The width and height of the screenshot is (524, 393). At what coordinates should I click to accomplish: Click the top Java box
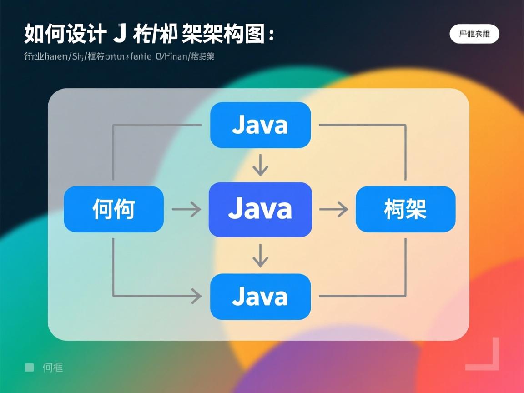[x=260, y=125]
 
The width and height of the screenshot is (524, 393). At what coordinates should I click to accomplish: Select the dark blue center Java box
[x=260, y=209]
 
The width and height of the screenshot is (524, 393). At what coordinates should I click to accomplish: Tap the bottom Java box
[x=260, y=297]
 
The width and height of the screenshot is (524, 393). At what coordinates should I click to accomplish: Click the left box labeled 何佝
[x=114, y=209]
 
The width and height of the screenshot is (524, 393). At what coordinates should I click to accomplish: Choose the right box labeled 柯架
[x=405, y=209]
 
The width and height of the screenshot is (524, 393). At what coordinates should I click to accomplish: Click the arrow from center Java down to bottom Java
[x=260, y=256]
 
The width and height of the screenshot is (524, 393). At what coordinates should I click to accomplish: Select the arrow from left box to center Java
[x=186, y=210]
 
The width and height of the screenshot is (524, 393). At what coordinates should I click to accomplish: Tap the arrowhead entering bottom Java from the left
[x=196, y=297]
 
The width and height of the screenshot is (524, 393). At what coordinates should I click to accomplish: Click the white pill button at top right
[x=474, y=34]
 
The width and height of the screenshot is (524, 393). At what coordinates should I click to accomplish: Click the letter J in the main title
[x=119, y=35]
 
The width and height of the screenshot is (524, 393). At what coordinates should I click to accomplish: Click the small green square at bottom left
[x=30, y=367]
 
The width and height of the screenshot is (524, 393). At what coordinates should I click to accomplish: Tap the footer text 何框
[x=53, y=368]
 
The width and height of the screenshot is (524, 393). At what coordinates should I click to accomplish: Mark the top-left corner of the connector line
[x=113, y=125]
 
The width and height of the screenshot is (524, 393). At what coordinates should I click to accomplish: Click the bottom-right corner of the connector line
[x=405, y=296]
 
